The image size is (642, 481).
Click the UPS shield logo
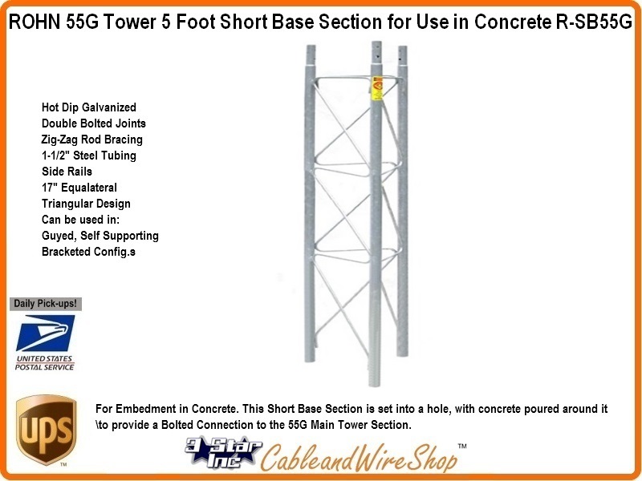(47, 430)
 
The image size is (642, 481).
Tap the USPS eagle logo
(46, 333)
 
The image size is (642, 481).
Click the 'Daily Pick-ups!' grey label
(46, 304)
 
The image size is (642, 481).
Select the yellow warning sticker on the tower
(376, 88)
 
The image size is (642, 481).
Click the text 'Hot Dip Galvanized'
(89, 107)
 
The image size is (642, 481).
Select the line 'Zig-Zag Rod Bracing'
(91, 139)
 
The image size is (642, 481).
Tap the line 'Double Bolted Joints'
(94, 123)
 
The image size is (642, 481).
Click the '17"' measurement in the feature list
(49, 188)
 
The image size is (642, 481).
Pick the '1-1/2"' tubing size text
(55, 156)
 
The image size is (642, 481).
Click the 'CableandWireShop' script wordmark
(360, 458)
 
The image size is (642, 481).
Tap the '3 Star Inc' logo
(223, 452)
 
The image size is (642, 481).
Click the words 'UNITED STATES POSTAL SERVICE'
(45, 363)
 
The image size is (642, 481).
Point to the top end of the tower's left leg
(311, 46)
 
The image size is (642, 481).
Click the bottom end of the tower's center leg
(374, 385)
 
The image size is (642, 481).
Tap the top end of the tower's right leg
(403, 47)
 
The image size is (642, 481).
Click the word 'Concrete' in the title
(513, 22)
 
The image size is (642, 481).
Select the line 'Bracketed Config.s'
(88, 252)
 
